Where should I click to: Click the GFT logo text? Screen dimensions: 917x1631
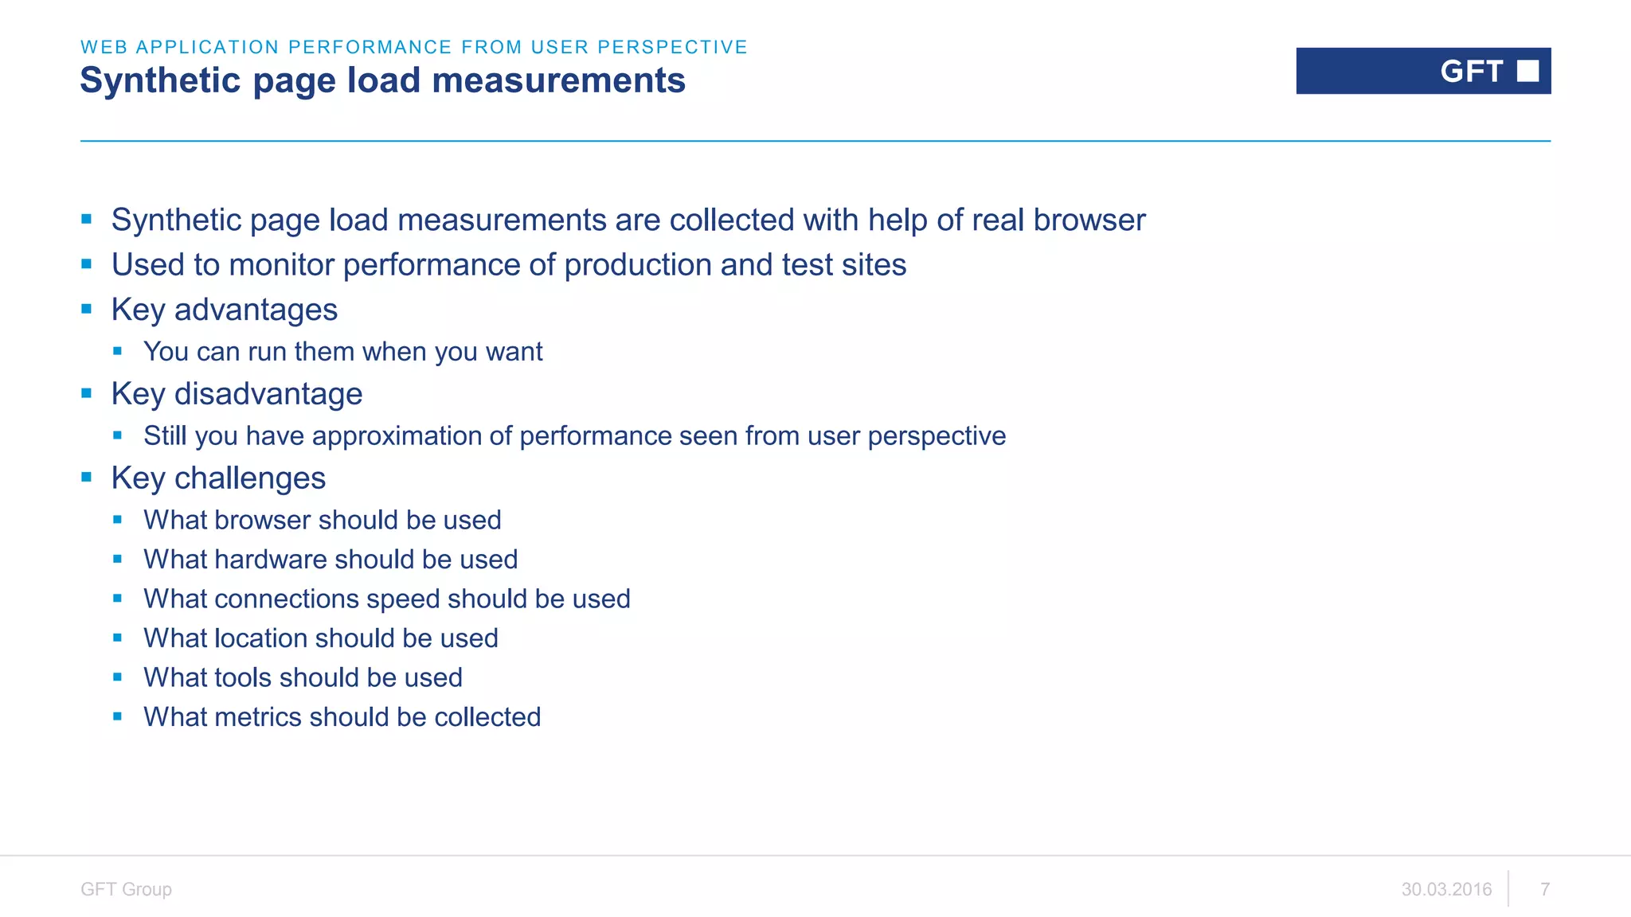click(1471, 72)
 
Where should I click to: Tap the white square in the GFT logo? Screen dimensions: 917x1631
click(1527, 71)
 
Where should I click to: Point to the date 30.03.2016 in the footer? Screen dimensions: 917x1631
click(1446, 889)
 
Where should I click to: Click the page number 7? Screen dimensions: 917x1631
click(1545, 889)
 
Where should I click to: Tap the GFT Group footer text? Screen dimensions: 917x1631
click(126, 889)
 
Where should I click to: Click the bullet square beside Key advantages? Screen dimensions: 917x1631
click(87, 309)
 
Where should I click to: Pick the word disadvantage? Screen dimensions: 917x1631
click(268, 394)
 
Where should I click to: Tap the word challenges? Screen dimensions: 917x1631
click(249, 478)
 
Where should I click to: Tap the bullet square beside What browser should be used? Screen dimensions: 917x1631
click(118, 520)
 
